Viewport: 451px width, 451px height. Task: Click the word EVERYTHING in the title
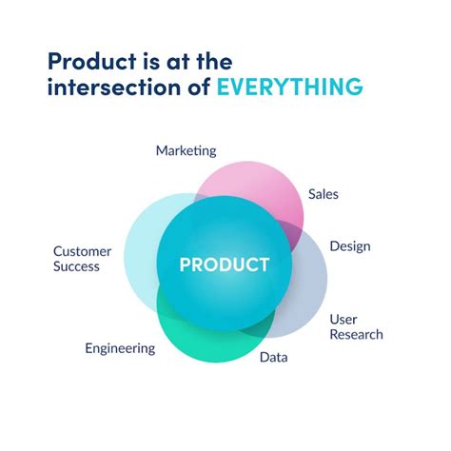pyautogui.click(x=289, y=88)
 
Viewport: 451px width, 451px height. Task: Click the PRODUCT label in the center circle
pyautogui.click(x=225, y=264)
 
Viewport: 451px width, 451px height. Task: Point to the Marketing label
pyautogui.click(x=186, y=150)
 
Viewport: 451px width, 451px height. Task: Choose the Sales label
pyautogui.click(x=323, y=194)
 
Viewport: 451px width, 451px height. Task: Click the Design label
pyautogui.click(x=349, y=246)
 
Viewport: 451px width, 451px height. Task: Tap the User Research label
pyautogui.click(x=356, y=326)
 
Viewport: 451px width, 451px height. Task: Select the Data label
pyautogui.click(x=273, y=358)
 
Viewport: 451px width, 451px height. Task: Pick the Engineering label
pyautogui.click(x=119, y=348)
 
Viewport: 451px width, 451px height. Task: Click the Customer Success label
pyautogui.click(x=81, y=259)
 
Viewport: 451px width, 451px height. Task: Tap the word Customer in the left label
pyautogui.click(x=83, y=251)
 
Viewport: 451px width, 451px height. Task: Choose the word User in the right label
pyautogui.click(x=343, y=319)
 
